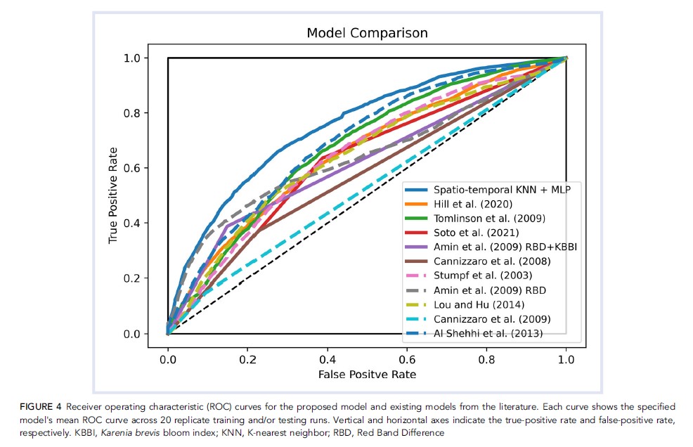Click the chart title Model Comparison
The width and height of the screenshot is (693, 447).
[x=367, y=33]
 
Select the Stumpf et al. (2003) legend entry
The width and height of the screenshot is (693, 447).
[x=474, y=276]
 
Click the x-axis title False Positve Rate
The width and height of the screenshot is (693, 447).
[x=367, y=375]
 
